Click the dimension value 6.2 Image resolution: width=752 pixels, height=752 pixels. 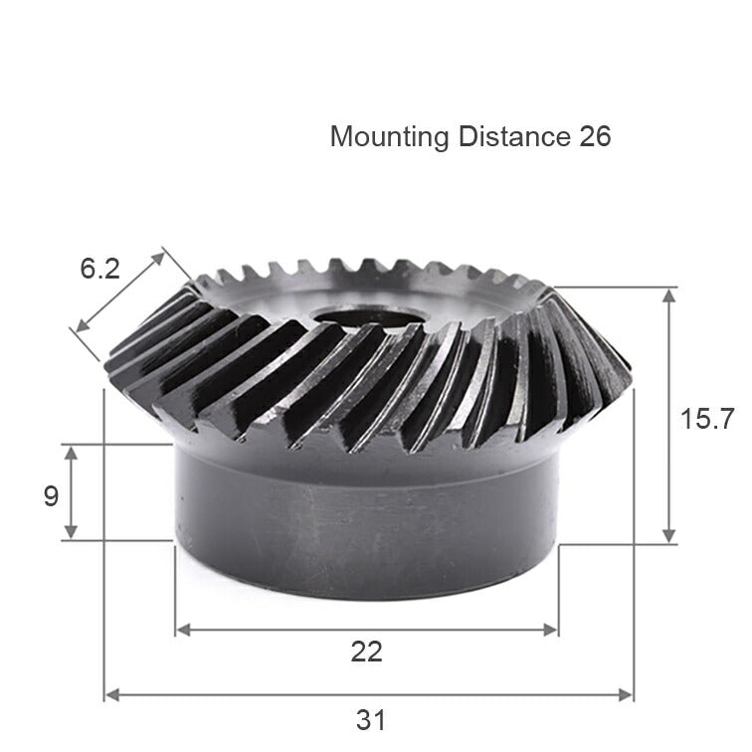[x=99, y=268]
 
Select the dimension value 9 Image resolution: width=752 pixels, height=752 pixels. [x=51, y=495]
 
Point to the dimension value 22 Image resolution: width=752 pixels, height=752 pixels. [x=366, y=652]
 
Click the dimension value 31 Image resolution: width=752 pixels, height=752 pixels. [x=370, y=719]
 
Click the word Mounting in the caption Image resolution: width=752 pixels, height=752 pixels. [x=389, y=136]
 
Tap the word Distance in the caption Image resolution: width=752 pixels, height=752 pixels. [x=514, y=136]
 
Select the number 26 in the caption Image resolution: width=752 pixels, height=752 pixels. [x=595, y=136]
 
